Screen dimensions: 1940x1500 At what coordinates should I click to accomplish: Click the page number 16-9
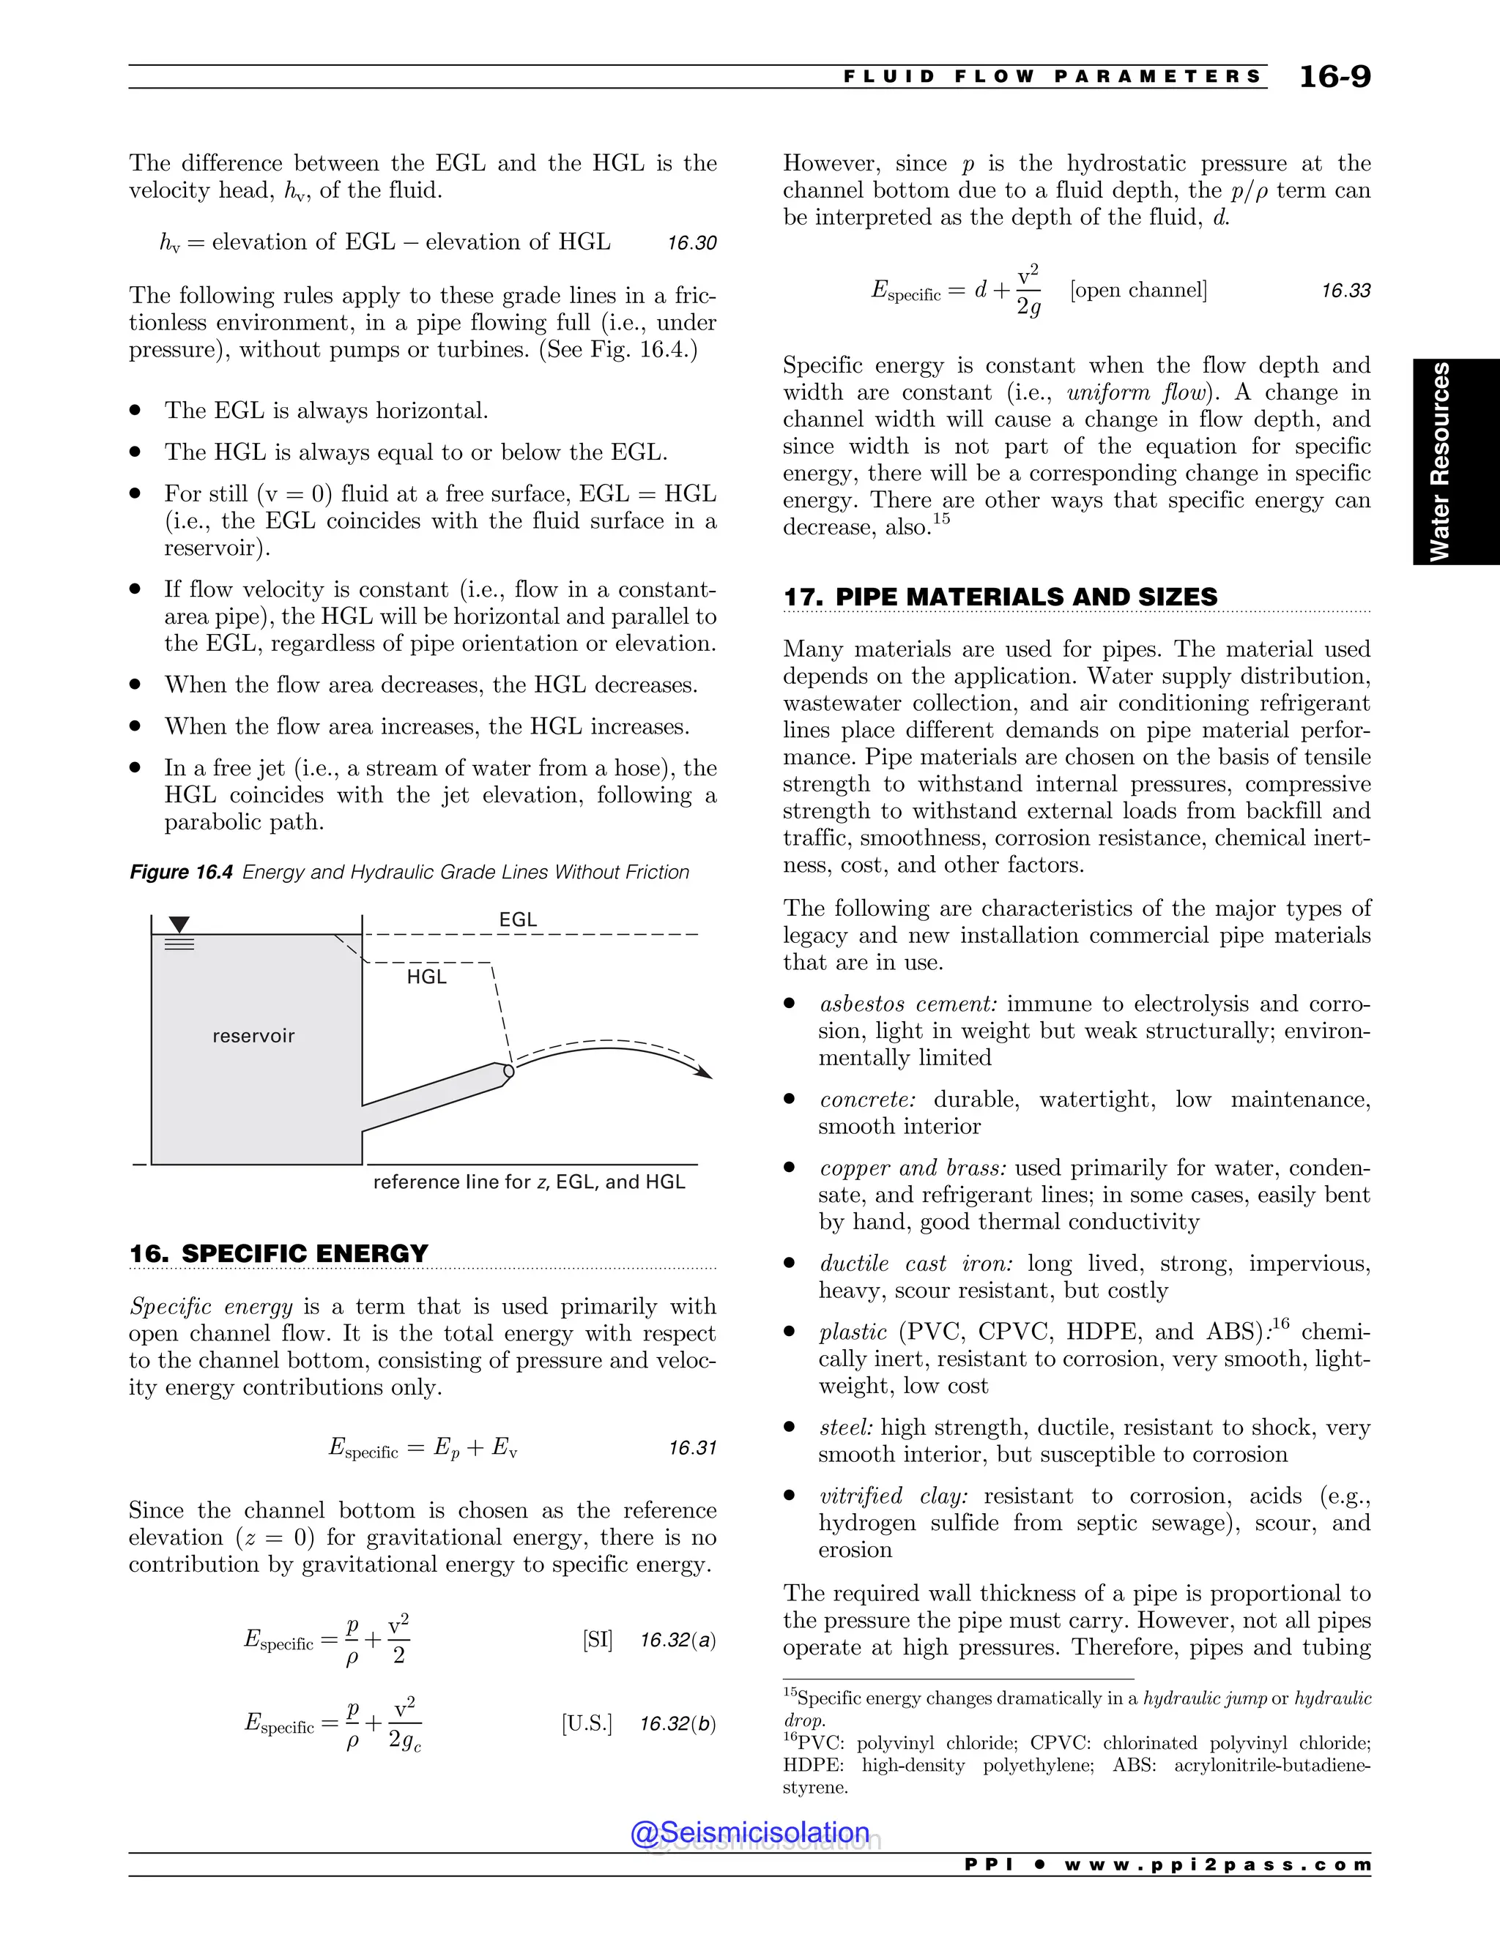(1334, 76)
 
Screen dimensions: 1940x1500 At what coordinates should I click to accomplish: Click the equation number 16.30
(691, 243)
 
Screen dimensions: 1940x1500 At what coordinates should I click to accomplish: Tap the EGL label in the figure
(518, 919)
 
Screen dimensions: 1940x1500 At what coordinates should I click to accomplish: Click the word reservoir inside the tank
(253, 1036)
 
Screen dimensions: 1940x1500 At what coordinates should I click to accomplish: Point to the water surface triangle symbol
(179, 925)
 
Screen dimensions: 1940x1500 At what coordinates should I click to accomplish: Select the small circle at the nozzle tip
(509, 1071)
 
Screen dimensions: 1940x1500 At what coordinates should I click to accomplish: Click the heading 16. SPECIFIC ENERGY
(278, 1253)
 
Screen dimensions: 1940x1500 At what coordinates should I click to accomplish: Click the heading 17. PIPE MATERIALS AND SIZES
(1000, 597)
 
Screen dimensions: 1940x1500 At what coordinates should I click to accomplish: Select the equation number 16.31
(692, 1448)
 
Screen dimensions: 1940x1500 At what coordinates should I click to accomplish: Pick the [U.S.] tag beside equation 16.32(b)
(587, 1723)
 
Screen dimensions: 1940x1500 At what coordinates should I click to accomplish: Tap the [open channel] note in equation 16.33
(1138, 291)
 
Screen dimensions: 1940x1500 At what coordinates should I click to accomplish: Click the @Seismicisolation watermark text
(750, 1832)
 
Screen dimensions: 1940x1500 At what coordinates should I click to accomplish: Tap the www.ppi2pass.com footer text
(1217, 1865)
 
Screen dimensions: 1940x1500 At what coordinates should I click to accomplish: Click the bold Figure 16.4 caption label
(182, 873)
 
